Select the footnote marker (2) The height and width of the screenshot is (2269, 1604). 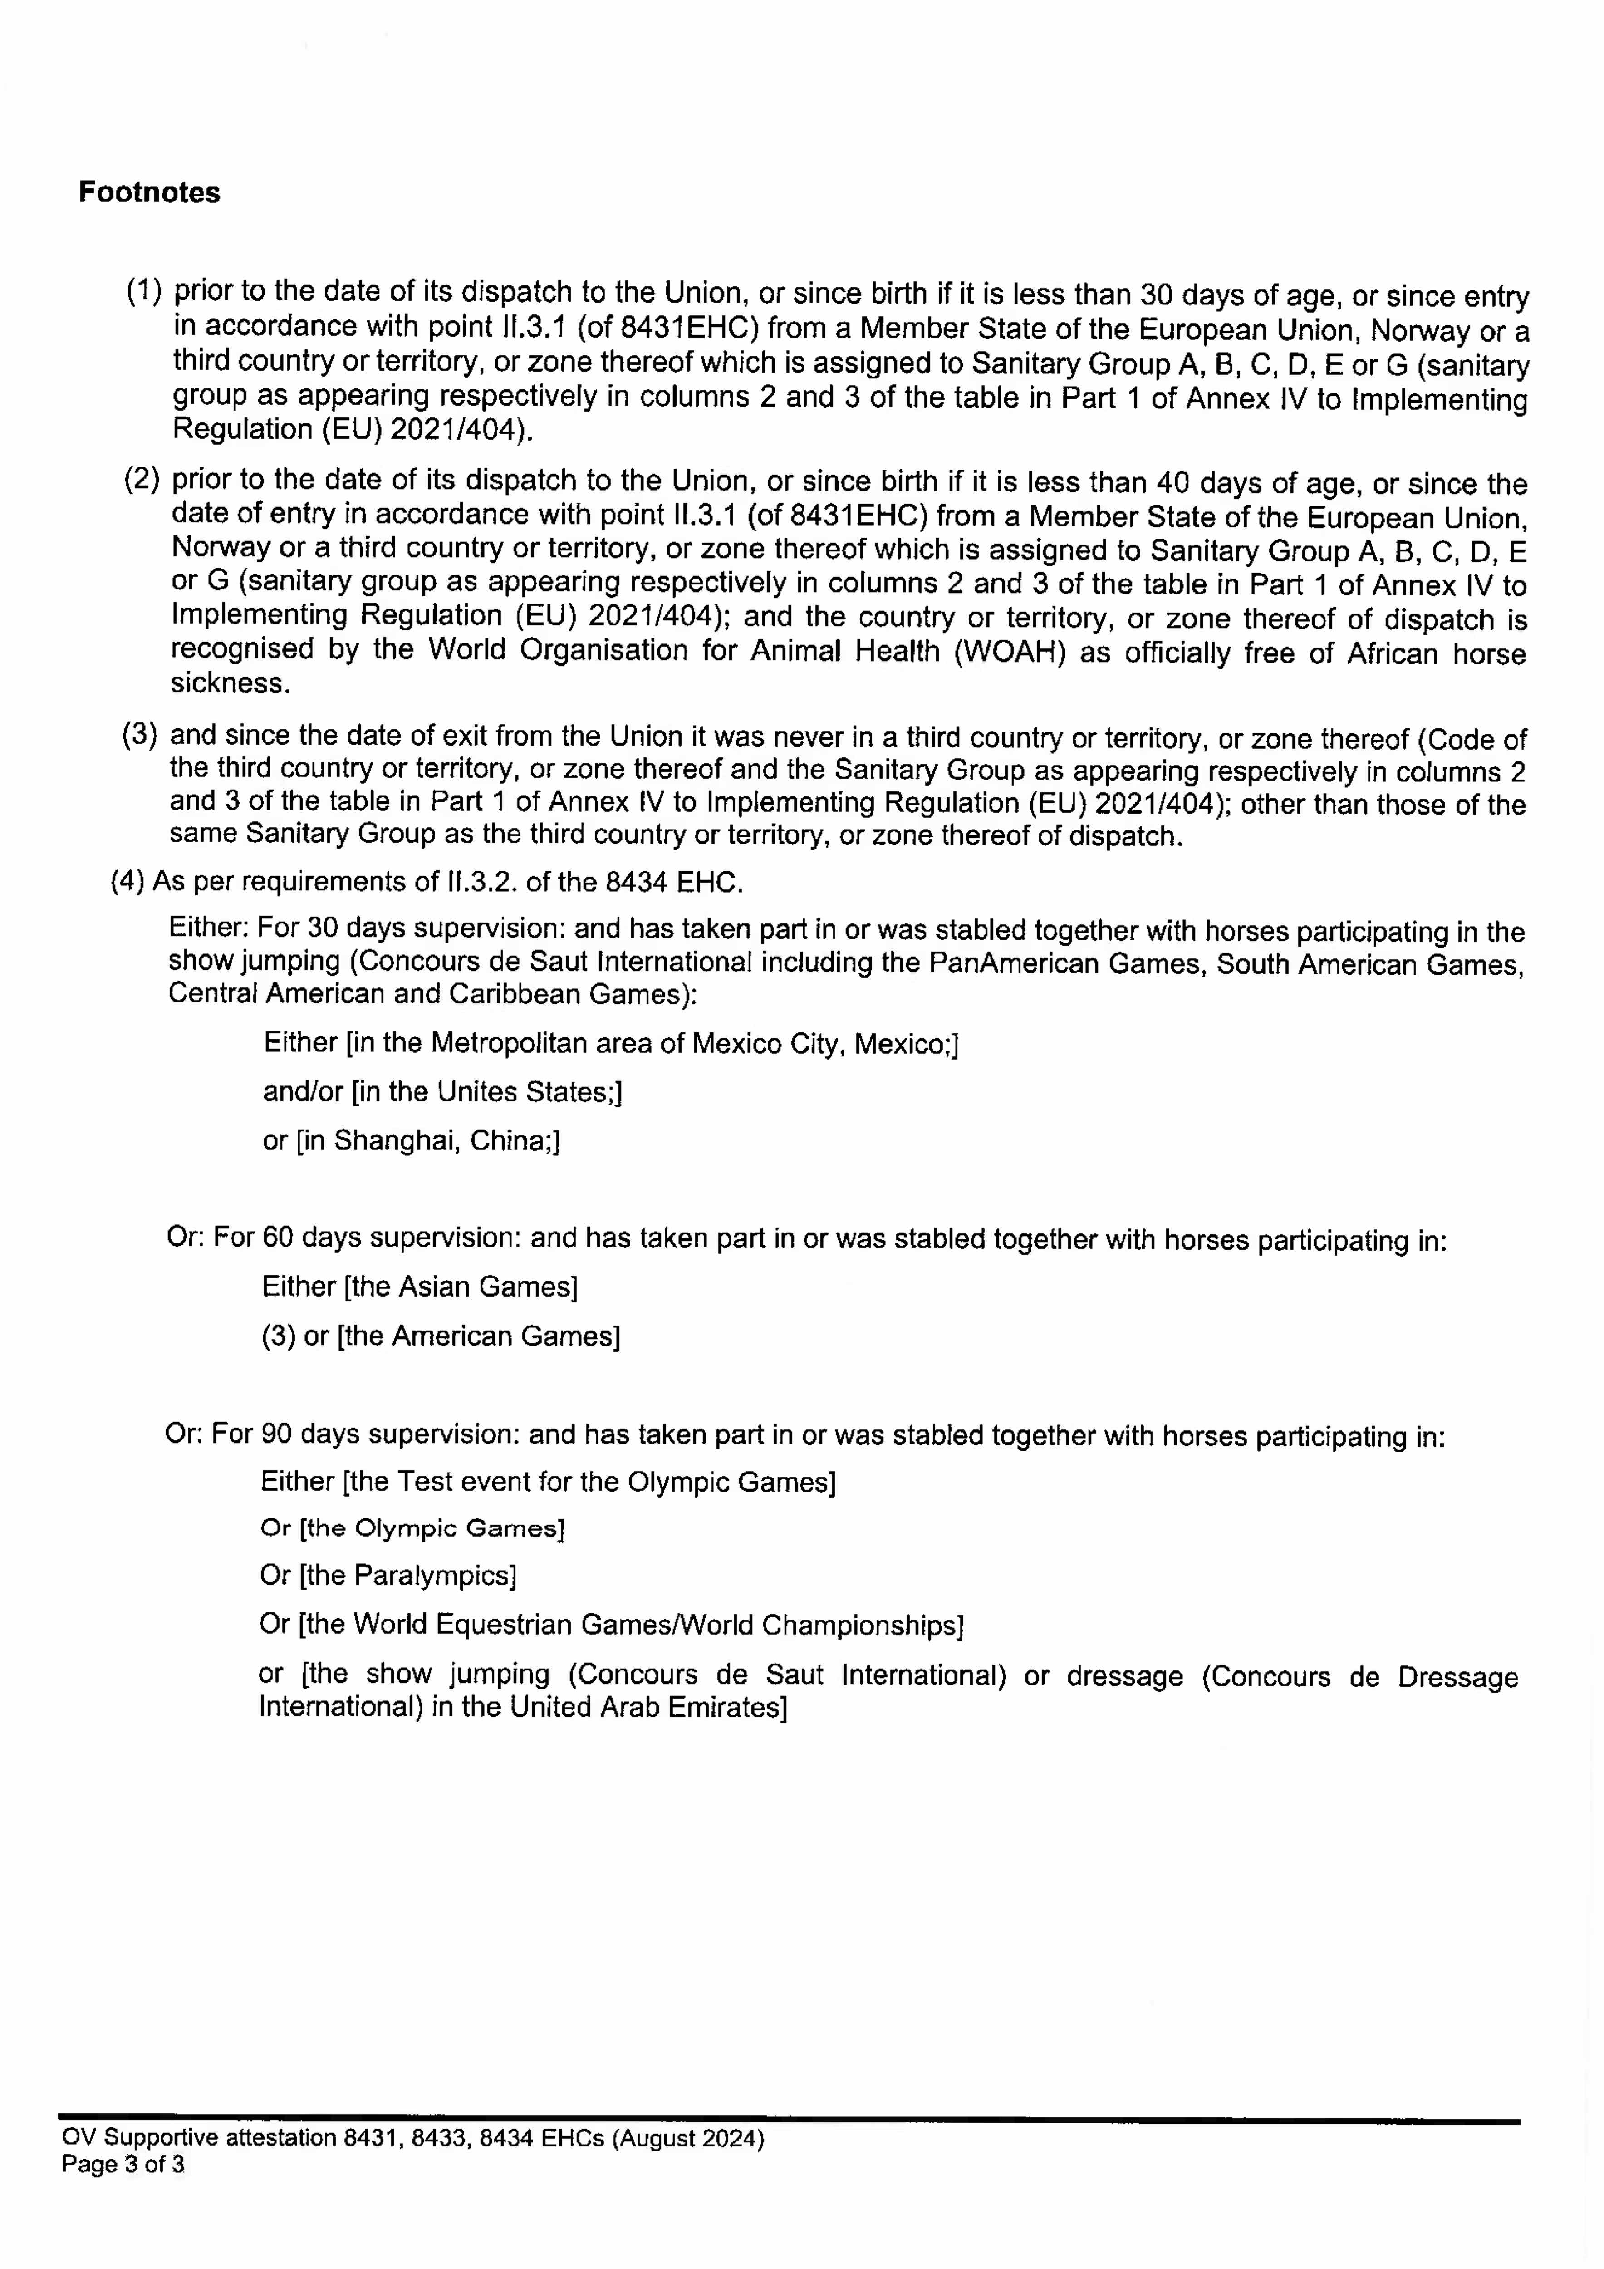141,479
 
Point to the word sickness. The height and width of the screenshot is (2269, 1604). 230,683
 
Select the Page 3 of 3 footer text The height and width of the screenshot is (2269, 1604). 123,2164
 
